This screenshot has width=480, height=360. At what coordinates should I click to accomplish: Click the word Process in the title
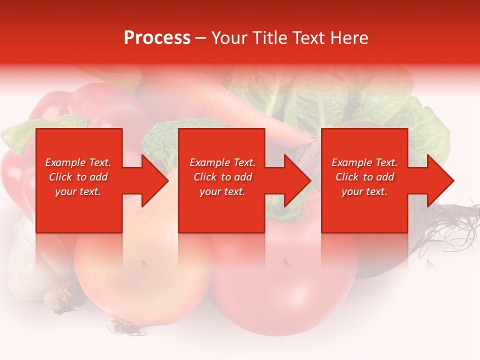click(157, 38)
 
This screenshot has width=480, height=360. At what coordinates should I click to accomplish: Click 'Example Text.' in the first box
click(78, 162)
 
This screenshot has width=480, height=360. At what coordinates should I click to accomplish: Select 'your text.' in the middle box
click(222, 191)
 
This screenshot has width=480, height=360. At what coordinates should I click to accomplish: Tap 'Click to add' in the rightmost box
click(364, 177)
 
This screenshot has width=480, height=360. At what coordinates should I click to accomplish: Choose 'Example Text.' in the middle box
click(222, 162)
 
